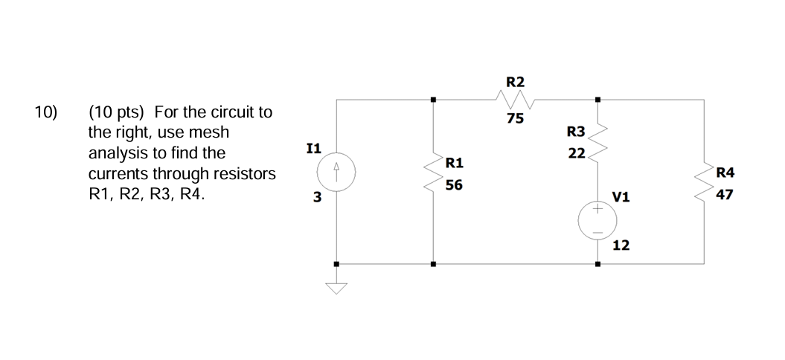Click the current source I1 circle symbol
coord(336,177)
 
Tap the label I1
coord(313,148)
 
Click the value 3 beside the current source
coord(317,198)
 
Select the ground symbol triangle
coord(337,288)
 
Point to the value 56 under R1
coord(454,187)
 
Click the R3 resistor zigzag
coord(597,145)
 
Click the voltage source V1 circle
coord(597,221)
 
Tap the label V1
coord(621,197)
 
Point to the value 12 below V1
coord(621,245)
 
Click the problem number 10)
coord(45,113)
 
